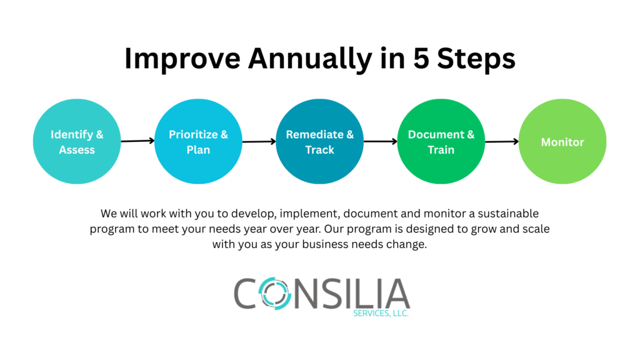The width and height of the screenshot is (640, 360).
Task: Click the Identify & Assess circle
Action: tap(77, 141)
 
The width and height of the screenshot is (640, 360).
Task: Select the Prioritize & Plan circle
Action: tap(198, 141)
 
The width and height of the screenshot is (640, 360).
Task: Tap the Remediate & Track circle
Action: tap(319, 141)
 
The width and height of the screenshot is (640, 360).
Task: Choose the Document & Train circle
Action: tap(441, 141)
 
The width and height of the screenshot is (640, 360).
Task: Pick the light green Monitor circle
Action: tap(562, 141)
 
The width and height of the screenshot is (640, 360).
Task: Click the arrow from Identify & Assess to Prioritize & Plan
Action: tap(137, 141)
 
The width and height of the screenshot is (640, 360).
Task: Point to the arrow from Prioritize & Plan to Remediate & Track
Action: tap(259, 142)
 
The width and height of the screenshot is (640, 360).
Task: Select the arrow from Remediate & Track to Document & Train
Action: tap(381, 142)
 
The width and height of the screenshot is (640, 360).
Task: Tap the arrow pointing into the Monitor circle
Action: tap(502, 142)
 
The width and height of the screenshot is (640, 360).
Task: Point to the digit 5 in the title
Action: tap(421, 58)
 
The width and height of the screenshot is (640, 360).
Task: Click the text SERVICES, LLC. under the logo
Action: tap(381, 313)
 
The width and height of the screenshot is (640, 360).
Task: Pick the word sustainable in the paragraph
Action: tap(508, 214)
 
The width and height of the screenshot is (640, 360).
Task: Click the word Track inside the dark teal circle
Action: tap(319, 150)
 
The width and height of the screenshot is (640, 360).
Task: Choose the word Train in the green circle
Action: tap(441, 150)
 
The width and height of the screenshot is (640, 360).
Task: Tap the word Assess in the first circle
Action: tap(77, 150)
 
